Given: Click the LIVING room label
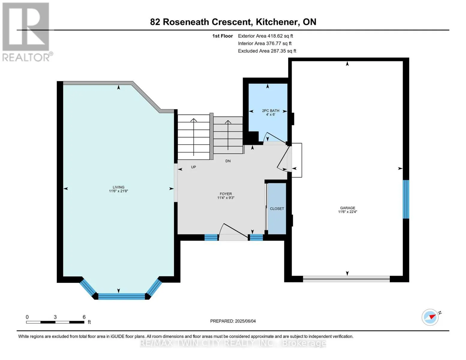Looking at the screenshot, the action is pos(119,187).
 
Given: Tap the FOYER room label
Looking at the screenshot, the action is pos(226,194).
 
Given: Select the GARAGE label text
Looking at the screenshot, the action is pos(347,208).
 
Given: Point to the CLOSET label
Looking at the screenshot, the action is pos(277,208).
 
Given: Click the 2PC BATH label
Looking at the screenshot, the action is pos(271,111).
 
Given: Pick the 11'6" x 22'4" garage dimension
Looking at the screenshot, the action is pos(347,212).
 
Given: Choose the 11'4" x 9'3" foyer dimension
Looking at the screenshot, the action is pos(226,198).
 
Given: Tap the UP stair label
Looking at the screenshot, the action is pos(194,167).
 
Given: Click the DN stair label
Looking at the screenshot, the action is pos(228,161).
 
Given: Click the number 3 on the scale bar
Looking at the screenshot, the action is pos(55,317).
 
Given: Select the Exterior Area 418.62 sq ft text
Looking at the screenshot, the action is pos(266,36).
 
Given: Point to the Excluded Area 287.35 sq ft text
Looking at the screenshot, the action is pos(267,51).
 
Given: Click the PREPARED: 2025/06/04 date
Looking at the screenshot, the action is pos(233,321).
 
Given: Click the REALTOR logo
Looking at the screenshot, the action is pos(27,32).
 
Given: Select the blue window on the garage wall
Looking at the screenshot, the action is pos(406,199).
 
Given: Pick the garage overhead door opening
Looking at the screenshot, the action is pos(346,279).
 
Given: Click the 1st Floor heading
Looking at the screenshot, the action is pos(222,36).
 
